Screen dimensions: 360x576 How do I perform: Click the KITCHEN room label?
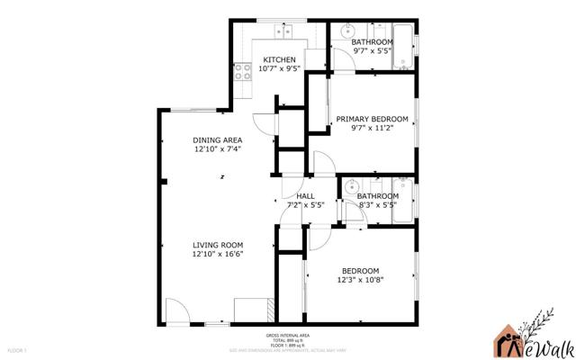pos(279,59)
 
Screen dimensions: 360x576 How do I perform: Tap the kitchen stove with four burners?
pos(242,72)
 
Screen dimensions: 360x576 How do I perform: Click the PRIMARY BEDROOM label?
pos(373,119)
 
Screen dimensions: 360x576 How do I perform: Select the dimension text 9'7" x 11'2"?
pos(373,129)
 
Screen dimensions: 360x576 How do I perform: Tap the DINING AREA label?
pos(218,139)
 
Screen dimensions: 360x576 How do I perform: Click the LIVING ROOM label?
pos(218,244)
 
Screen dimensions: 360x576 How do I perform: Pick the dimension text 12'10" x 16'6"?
pos(218,254)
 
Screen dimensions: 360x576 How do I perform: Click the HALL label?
pos(305,195)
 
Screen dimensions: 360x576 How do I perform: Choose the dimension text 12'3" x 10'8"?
pos(360,280)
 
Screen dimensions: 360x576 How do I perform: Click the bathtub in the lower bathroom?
pos(403,203)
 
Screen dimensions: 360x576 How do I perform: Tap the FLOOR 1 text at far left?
pos(18,348)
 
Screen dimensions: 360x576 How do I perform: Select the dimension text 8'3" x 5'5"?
pos(378,205)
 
